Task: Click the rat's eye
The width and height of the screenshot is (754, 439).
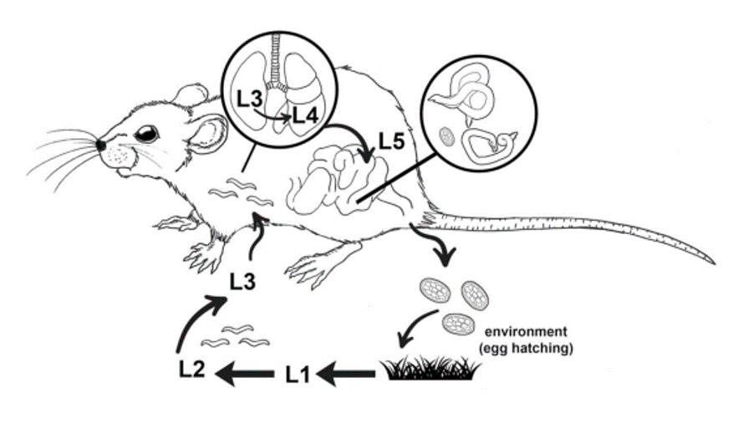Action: coord(148,133)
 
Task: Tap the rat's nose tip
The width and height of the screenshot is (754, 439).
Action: coord(100,145)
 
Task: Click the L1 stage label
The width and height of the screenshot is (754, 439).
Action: coord(298,375)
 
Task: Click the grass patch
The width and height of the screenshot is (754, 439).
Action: coord(431,368)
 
